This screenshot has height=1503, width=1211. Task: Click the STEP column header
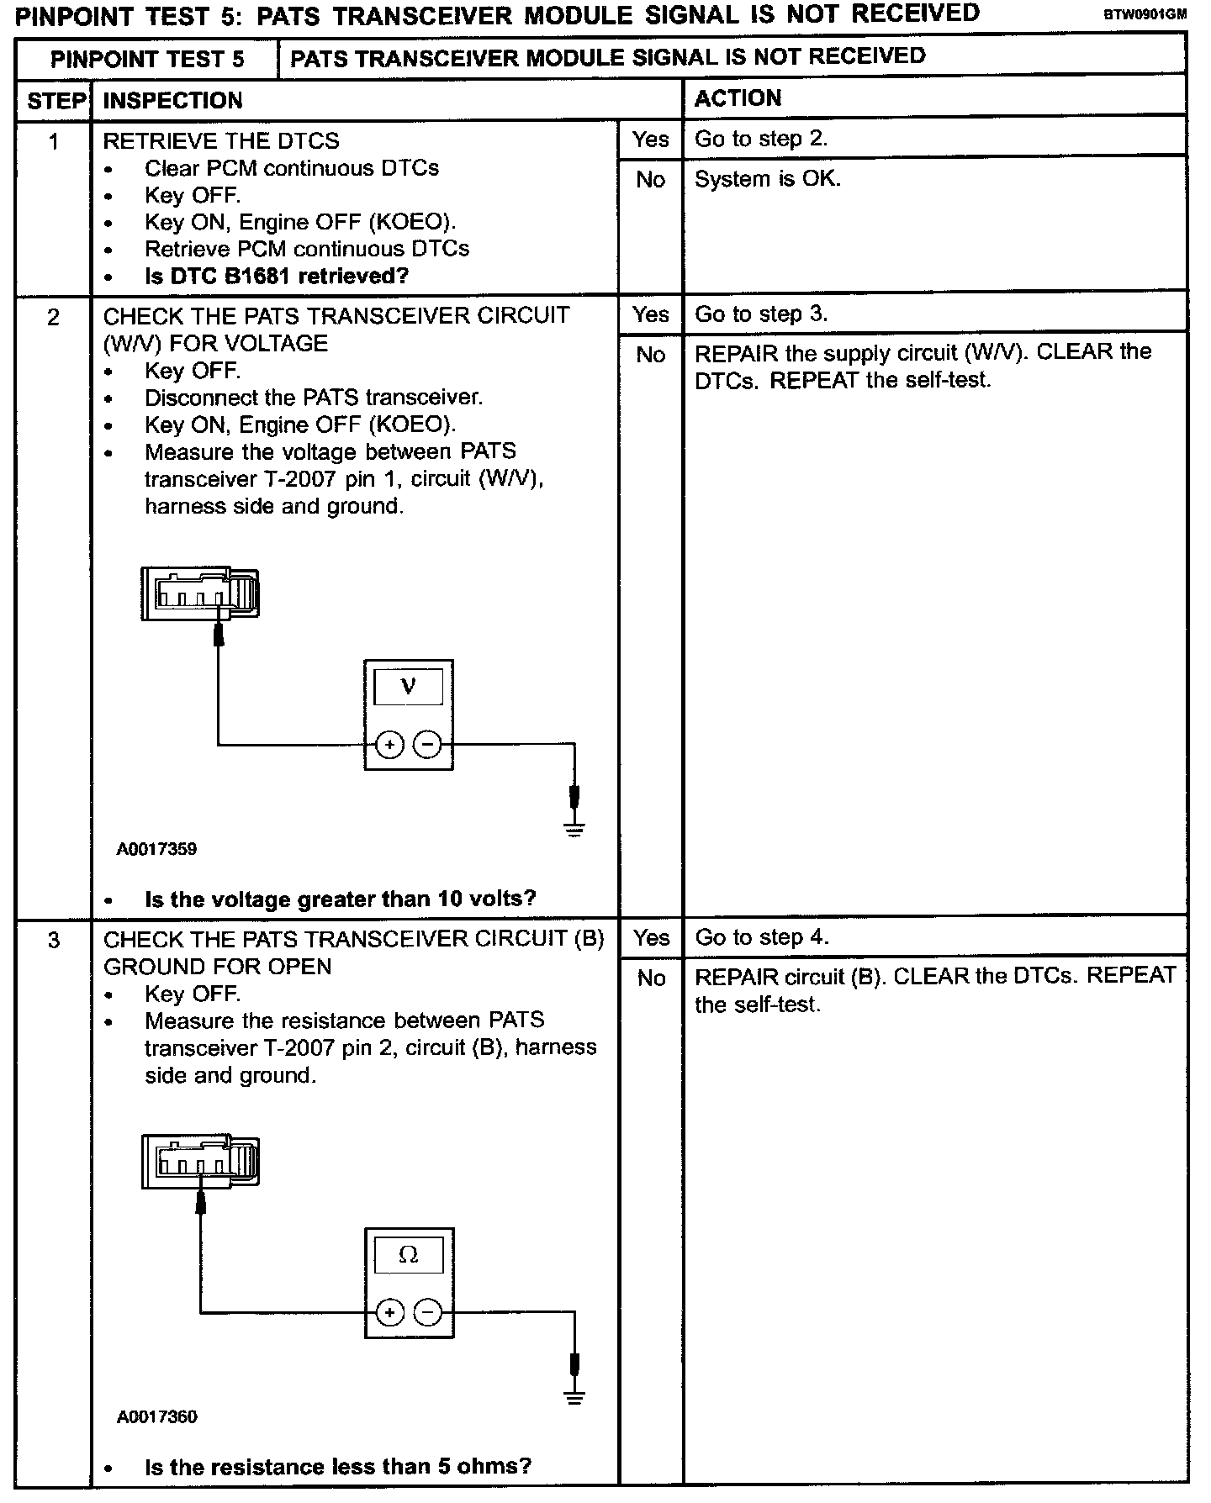coord(56,102)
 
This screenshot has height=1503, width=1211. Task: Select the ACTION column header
coord(738,98)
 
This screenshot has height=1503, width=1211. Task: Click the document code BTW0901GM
coord(1145,14)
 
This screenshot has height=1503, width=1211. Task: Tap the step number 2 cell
coord(54,317)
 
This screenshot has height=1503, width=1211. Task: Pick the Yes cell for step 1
coord(650,140)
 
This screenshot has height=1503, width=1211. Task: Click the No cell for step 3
coord(651,978)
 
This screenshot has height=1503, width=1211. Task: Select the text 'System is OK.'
coord(767,179)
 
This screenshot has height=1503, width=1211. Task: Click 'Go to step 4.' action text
coord(761,937)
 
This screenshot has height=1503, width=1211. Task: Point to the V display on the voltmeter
coord(408,686)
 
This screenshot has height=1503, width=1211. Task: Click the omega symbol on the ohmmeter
coord(408,1254)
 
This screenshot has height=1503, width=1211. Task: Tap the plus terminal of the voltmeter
coord(389,745)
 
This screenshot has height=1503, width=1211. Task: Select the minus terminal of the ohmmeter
coord(428,1312)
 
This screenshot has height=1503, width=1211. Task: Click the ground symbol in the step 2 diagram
coord(574,828)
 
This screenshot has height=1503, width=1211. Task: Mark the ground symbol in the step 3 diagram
coord(574,1396)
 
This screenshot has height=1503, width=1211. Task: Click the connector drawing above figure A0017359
coord(200,593)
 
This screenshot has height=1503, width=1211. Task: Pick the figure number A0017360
coord(157,1417)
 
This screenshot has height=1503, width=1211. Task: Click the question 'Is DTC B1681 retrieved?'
coord(277,276)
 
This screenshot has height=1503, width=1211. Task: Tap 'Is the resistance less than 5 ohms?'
coord(338,1467)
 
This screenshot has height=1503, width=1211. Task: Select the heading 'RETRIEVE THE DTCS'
coord(221,140)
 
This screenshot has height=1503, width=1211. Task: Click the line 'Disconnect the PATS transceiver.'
coord(314,398)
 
